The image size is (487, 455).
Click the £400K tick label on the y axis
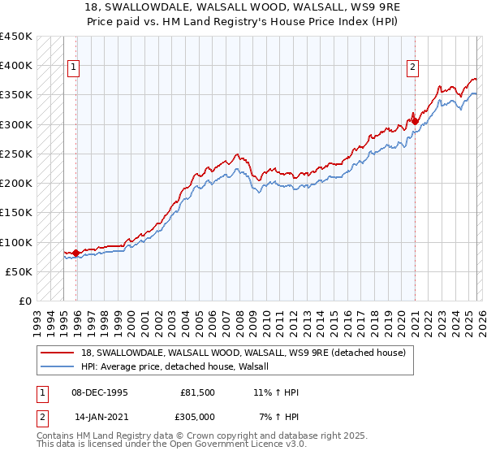coord(16,66)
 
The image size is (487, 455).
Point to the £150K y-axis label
coord(16,213)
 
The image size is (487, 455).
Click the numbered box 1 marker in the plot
coord(73,67)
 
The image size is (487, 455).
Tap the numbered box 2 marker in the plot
coord(412,67)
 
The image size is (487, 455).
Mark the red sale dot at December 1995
coord(76,253)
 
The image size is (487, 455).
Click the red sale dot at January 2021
coord(415,121)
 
